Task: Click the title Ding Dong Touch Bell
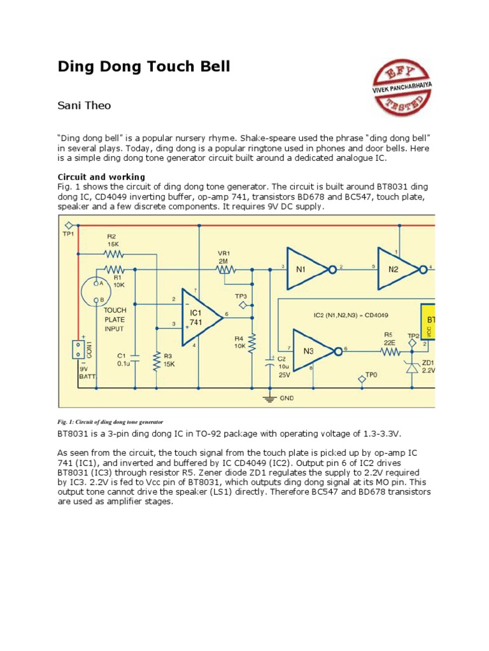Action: point(143,67)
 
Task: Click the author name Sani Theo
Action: point(84,106)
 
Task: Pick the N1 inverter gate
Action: point(306,270)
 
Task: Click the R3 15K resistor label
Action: point(167,360)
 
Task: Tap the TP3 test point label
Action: point(241,296)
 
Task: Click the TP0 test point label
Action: point(372,375)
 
